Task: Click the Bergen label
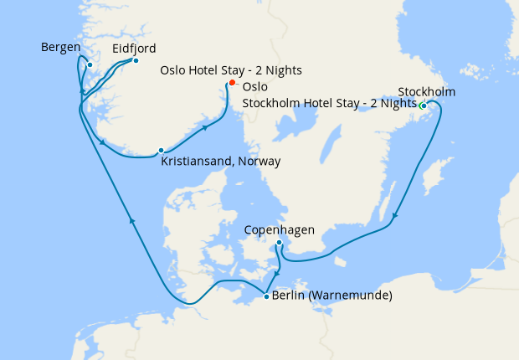60,47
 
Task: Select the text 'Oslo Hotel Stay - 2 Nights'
231,70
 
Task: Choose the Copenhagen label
279,229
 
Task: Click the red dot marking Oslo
232,83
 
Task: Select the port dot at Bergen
90,64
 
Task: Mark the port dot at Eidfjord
136,60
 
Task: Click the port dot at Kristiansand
161,151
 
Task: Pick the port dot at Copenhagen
279,243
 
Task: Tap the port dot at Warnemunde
266,296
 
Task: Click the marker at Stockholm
424,105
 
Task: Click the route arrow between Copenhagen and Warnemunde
277,273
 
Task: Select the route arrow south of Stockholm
396,216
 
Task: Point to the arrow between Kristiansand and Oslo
204,128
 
